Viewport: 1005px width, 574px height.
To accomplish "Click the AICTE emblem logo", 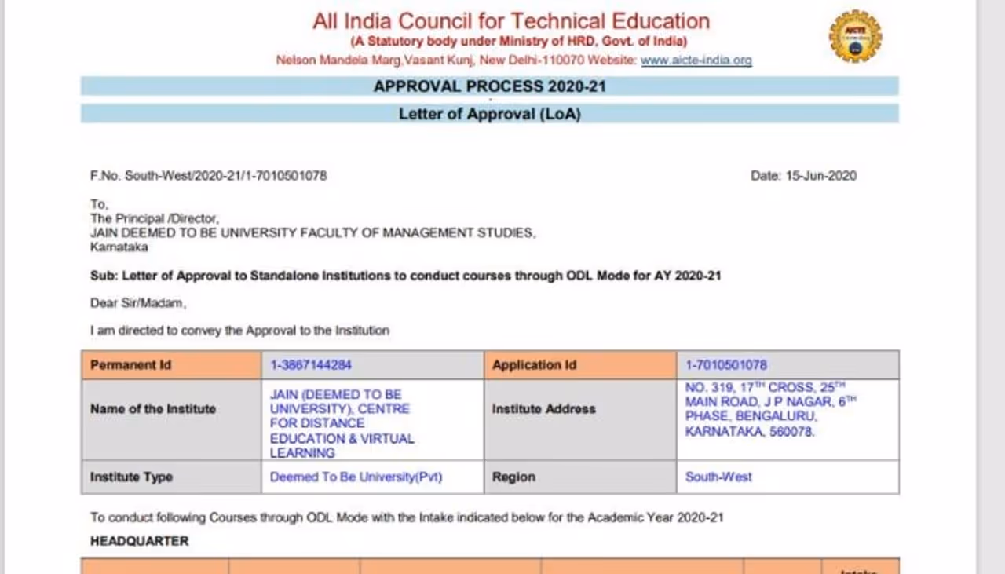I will click(x=855, y=36).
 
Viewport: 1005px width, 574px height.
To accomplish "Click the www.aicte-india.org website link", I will click(x=696, y=60).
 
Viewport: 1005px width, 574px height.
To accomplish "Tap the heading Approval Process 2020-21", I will click(x=489, y=86).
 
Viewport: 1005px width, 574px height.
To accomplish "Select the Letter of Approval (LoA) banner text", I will click(x=489, y=114).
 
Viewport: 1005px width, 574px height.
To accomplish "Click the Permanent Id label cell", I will click(x=130, y=365).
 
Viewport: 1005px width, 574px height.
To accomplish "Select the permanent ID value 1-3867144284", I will click(x=312, y=365).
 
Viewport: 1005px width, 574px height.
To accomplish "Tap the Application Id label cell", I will click(x=534, y=365).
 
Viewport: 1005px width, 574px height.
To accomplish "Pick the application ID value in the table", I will click(x=725, y=365).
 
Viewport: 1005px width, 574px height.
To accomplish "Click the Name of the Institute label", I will click(x=152, y=409).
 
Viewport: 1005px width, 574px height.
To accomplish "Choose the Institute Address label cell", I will click(x=543, y=409).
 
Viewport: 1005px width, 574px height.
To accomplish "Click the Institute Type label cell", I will click(x=131, y=477).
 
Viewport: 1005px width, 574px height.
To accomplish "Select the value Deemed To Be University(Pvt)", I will click(x=356, y=477).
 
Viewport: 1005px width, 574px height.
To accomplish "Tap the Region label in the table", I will click(x=513, y=477).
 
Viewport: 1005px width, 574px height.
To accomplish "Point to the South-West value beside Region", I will click(x=718, y=477).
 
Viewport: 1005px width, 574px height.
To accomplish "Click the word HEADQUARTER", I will click(x=139, y=541).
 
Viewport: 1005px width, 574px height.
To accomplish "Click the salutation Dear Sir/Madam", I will click(x=137, y=303).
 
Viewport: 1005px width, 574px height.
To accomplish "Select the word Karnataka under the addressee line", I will click(x=119, y=247).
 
